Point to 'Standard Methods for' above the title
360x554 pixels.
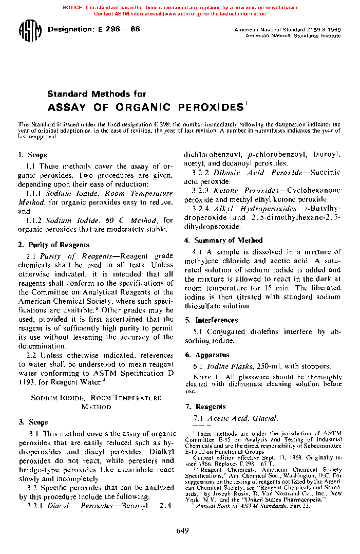tap(97, 94)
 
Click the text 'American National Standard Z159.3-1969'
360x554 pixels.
tap(287, 30)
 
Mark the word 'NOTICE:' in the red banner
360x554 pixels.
tap(73, 8)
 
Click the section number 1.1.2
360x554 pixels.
tap(34, 220)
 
